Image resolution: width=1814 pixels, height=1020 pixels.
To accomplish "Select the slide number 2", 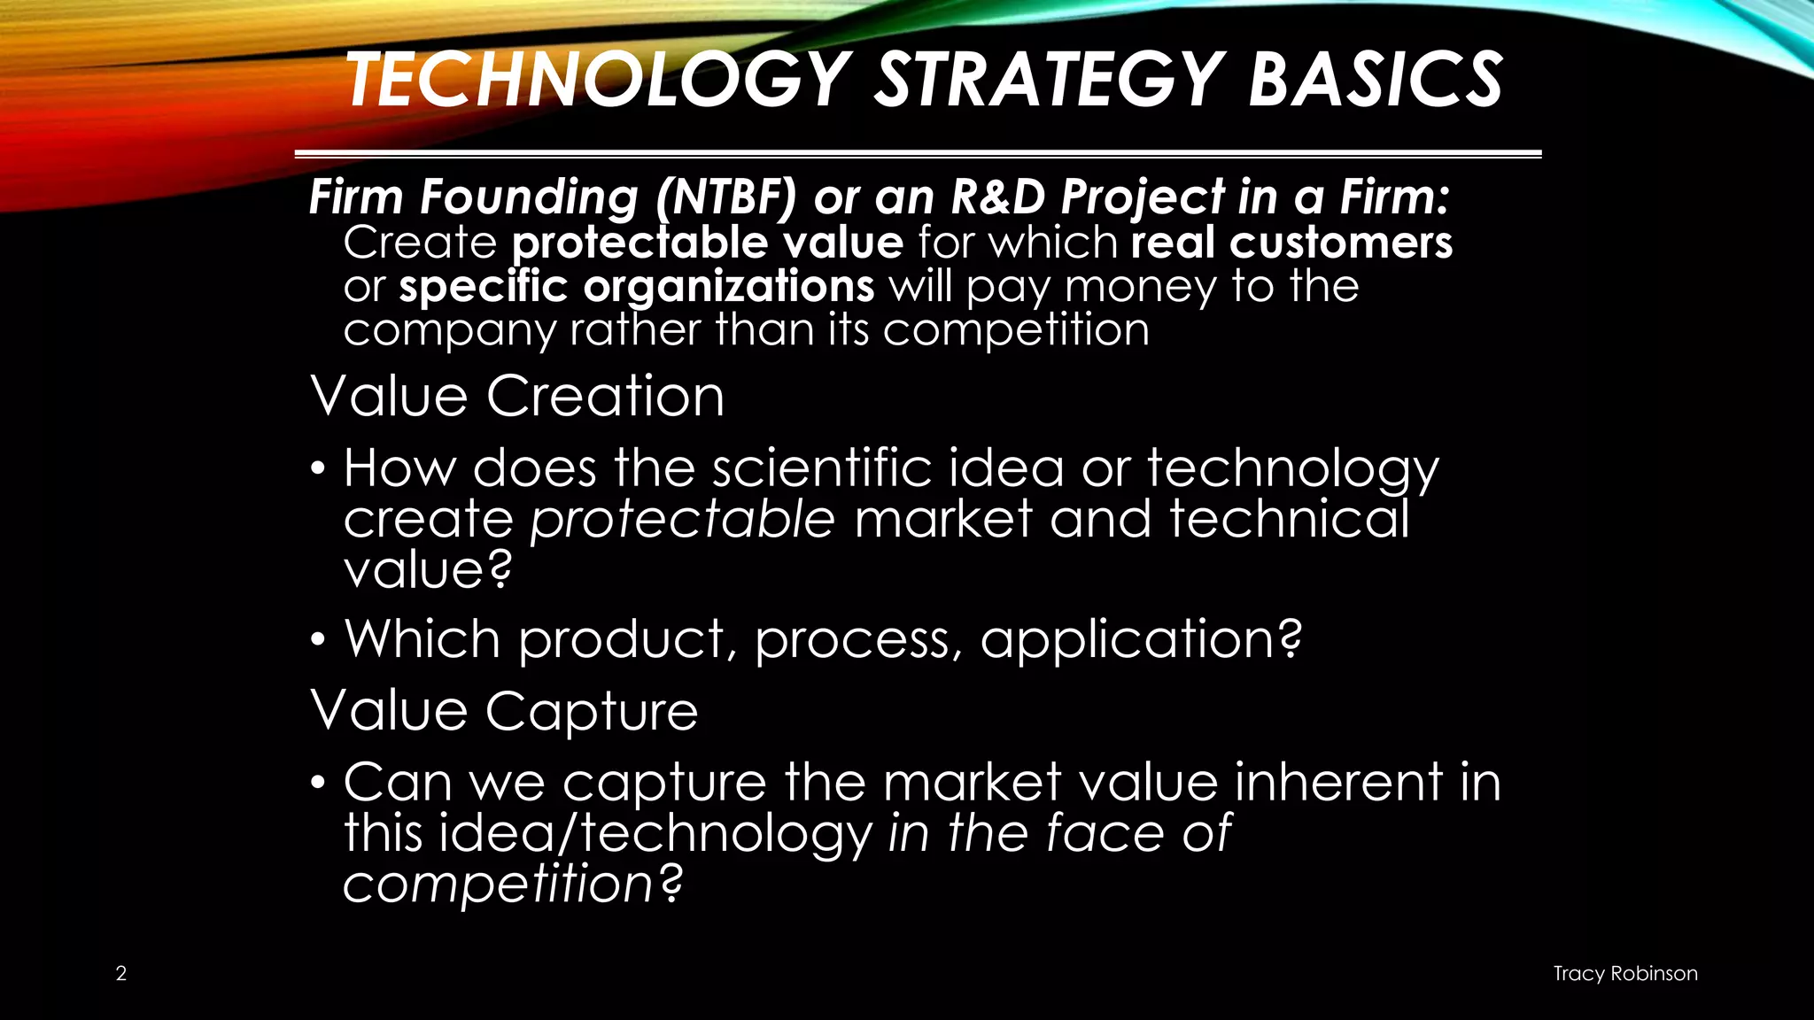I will tap(121, 973).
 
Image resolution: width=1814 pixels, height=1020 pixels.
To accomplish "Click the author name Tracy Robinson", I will tap(1625, 973).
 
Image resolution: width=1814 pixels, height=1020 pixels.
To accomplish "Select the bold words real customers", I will tap(1291, 242).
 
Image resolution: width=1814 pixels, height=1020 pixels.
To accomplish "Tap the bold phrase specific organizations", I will tap(636, 286).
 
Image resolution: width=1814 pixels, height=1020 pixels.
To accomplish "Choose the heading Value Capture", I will tap(504, 710).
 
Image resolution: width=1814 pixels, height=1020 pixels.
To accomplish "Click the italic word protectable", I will tap(682, 519).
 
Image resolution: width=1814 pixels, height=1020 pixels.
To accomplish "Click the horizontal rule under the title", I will tap(918, 154).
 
